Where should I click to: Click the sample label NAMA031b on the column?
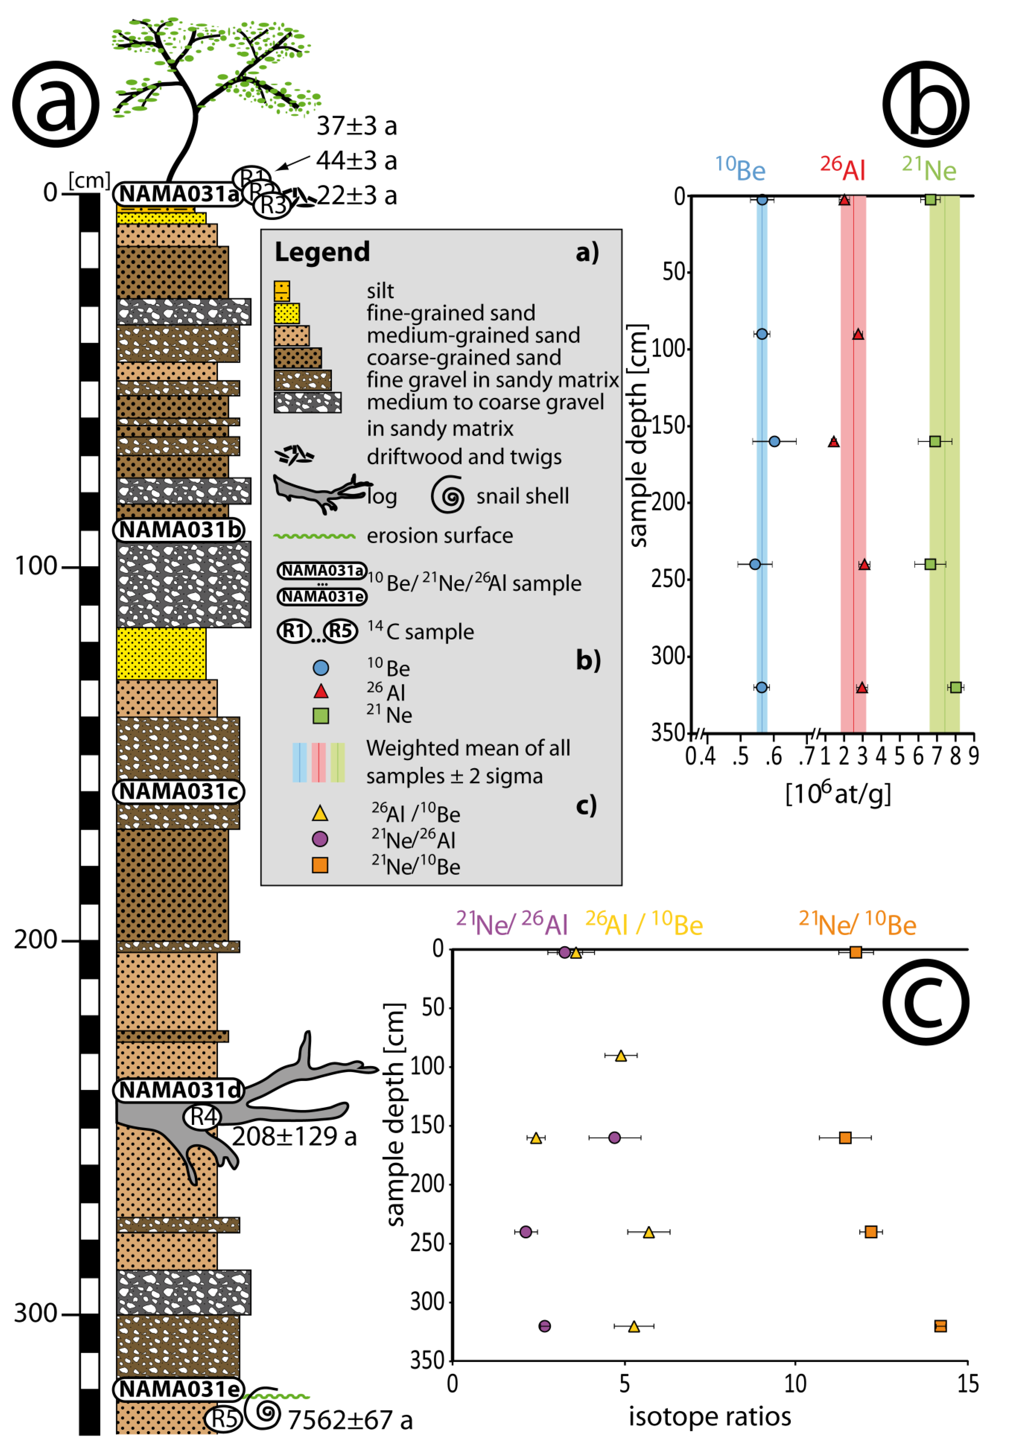(179, 529)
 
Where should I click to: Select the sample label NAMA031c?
(179, 791)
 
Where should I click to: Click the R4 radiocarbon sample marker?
(203, 1117)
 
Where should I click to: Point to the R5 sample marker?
(223, 1419)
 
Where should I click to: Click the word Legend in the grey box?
(322, 252)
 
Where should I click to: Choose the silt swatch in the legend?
(282, 291)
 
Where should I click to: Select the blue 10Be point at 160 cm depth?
(774, 442)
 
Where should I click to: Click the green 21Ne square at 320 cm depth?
(956, 687)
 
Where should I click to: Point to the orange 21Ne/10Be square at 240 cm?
(871, 1231)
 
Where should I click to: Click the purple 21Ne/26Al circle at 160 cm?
(615, 1138)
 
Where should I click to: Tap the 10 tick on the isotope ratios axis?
(795, 1384)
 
